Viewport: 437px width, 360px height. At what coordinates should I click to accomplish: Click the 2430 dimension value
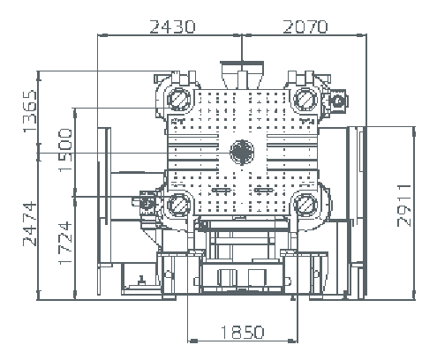(x=172, y=26)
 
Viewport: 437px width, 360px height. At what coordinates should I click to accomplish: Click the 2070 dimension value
(x=305, y=26)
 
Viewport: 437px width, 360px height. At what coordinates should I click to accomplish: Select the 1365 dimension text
(x=30, y=111)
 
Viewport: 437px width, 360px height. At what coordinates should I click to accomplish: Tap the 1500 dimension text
(x=65, y=150)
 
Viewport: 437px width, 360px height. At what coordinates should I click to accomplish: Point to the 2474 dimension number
(x=30, y=224)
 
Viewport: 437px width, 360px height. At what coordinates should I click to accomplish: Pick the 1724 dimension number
(x=65, y=243)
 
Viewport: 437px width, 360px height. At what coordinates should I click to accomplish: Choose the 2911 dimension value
(x=404, y=206)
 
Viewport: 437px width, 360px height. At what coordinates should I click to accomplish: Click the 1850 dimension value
(x=242, y=332)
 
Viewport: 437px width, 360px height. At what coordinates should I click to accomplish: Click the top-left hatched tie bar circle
(x=178, y=99)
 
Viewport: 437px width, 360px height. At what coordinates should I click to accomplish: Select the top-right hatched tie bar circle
(x=305, y=99)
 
